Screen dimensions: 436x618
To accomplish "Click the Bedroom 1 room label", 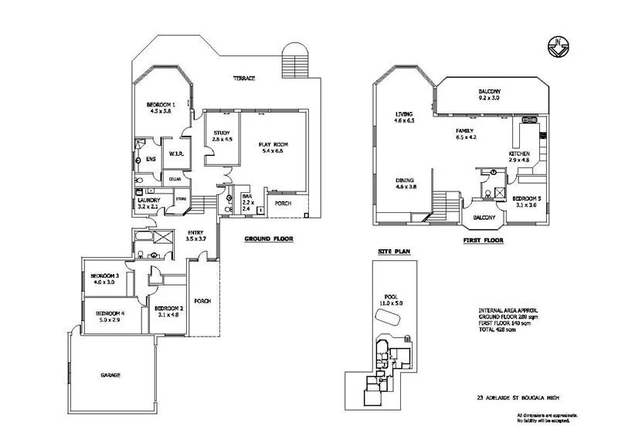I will tap(162, 105).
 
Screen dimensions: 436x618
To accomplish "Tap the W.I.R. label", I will tap(175, 153).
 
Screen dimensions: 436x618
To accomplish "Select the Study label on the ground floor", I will tap(222, 133).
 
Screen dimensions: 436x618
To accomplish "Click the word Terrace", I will tap(245, 78).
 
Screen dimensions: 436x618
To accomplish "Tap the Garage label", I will tap(110, 374).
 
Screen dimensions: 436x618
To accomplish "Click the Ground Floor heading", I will tap(269, 239).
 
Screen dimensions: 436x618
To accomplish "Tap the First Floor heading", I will tap(484, 241).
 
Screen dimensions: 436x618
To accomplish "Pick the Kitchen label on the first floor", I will tap(518, 155).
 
